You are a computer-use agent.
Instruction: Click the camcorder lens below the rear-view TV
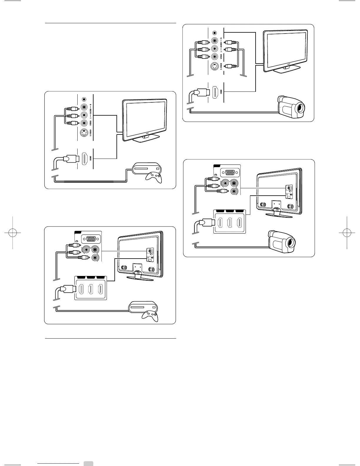pyautogui.click(x=291, y=243)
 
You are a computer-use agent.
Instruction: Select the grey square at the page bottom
pyautogui.click(x=88, y=463)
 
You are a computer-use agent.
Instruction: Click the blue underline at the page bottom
pyautogui.click(x=59, y=463)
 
